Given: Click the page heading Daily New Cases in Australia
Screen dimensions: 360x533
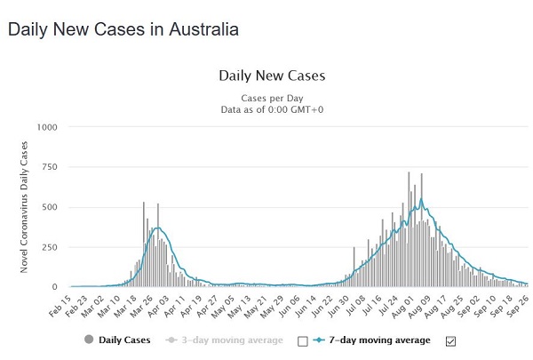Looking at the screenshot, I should [x=123, y=29].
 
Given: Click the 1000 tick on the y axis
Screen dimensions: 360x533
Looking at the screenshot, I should [x=45, y=127].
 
